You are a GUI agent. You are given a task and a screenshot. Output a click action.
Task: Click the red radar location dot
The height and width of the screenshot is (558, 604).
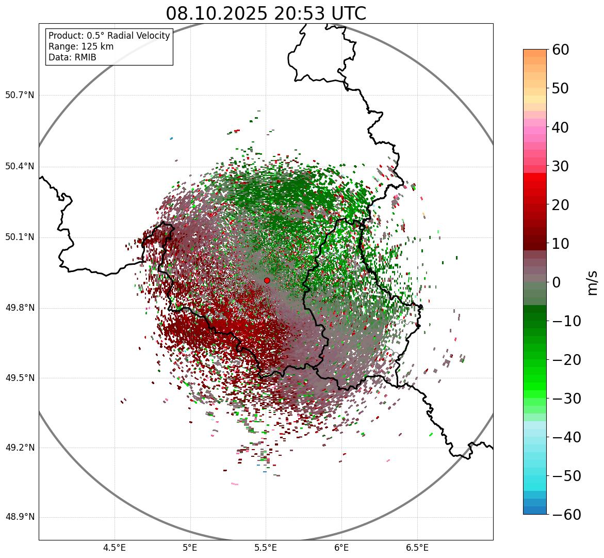[267, 280]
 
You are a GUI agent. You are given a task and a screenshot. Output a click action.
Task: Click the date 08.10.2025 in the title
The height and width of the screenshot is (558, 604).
[217, 13]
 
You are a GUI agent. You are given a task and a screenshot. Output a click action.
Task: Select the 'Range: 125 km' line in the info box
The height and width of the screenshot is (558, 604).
[81, 46]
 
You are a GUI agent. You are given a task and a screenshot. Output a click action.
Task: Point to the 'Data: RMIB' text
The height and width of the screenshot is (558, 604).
[72, 57]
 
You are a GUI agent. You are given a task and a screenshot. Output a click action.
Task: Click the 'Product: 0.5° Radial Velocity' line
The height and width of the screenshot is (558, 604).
[109, 36]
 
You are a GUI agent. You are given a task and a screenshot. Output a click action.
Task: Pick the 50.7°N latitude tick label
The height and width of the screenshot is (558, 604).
[20, 95]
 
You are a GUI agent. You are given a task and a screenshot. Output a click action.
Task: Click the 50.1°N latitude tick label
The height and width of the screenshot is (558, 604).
[20, 237]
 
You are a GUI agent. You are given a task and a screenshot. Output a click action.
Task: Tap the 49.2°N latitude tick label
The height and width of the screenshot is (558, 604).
[20, 448]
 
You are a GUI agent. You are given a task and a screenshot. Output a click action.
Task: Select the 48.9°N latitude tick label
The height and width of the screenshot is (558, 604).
[20, 517]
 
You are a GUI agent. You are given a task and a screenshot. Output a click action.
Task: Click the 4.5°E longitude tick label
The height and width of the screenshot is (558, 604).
[115, 548]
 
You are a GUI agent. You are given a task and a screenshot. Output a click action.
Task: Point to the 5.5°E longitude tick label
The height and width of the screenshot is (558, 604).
[266, 548]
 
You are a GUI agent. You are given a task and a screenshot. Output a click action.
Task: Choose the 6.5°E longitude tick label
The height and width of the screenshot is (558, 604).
[417, 548]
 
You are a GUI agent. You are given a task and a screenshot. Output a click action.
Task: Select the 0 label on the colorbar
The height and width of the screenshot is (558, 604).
[557, 282]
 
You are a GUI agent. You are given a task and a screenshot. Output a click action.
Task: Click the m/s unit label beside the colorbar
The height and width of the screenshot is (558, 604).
[593, 282]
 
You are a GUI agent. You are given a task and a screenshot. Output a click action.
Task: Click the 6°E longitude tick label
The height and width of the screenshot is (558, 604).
[341, 548]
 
